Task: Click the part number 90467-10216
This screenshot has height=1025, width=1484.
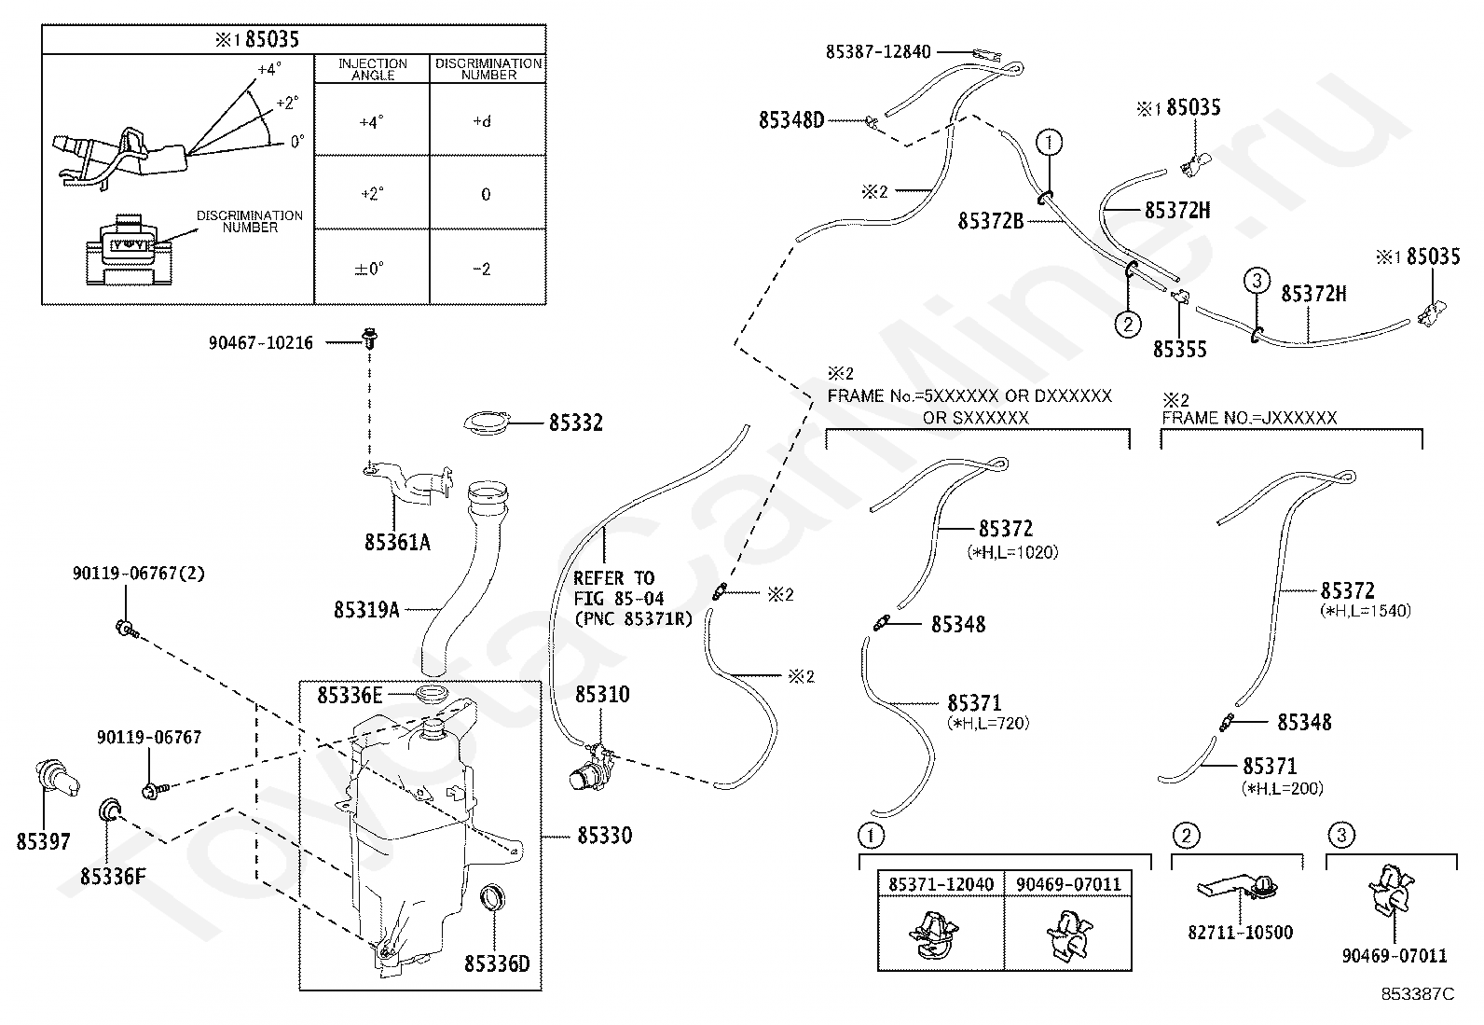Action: pyautogui.click(x=260, y=343)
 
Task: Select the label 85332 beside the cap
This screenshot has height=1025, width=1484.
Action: pyautogui.click(x=576, y=423)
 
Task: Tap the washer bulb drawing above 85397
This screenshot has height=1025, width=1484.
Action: pyautogui.click(x=56, y=779)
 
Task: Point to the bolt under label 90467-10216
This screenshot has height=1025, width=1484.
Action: pyautogui.click(x=370, y=339)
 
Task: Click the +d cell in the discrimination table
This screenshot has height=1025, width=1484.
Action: pyautogui.click(x=482, y=122)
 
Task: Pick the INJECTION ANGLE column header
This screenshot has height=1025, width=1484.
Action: pyautogui.click(x=372, y=69)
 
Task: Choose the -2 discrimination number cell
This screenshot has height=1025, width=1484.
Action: pyautogui.click(x=482, y=270)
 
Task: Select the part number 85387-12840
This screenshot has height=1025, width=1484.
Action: pyautogui.click(x=878, y=51)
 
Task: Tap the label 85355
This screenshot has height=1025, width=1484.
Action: pyautogui.click(x=1179, y=350)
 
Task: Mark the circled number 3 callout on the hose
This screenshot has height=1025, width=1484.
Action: pyautogui.click(x=1257, y=281)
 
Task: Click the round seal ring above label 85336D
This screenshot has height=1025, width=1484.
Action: pyautogui.click(x=491, y=897)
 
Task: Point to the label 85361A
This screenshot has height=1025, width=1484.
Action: pyautogui.click(x=397, y=542)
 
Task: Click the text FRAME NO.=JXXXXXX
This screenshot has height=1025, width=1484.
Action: pyautogui.click(x=1249, y=418)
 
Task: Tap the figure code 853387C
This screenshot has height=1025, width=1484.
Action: pyautogui.click(x=1418, y=994)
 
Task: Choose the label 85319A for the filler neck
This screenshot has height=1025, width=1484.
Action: pyautogui.click(x=366, y=609)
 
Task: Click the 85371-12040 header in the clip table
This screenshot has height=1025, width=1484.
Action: pyautogui.click(x=941, y=884)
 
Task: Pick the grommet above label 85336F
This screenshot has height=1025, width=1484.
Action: pyautogui.click(x=109, y=810)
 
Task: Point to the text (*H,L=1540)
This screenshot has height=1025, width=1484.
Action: pyautogui.click(x=1366, y=611)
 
